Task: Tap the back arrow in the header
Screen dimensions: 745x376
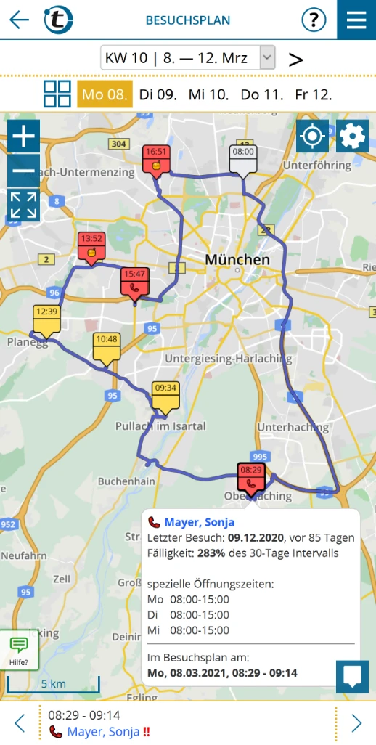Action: [x=19, y=20]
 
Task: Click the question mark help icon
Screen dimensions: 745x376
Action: [x=314, y=20]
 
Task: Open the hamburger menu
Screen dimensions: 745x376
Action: [x=356, y=20]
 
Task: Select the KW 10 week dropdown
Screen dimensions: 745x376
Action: [x=187, y=57]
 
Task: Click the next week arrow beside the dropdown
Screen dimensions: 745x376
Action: [x=295, y=59]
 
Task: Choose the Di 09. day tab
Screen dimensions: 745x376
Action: [x=158, y=94]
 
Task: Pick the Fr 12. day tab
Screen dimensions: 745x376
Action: [x=314, y=94]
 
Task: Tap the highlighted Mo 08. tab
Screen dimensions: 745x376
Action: [x=105, y=94]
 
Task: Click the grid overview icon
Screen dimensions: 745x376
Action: [x=57, y=94]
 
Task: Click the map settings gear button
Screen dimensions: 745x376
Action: [x=352, y=136]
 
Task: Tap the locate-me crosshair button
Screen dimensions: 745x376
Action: [x=313, y=136]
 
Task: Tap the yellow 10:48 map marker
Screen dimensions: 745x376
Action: [x=107, y=346]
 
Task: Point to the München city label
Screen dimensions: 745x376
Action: [x=237, y=259]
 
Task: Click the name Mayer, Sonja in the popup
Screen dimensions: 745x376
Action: [x=199, y=522]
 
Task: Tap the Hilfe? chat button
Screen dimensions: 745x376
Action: [x=19, y=649]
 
